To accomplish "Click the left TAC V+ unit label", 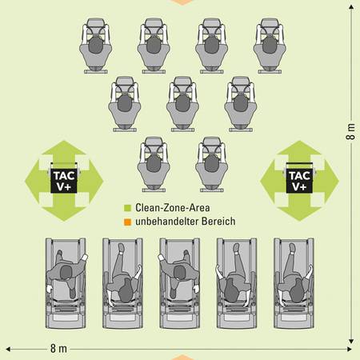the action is (x=64, y=181).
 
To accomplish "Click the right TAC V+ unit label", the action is (x=299, y=181).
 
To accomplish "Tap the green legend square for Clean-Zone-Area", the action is (x=128, y=208).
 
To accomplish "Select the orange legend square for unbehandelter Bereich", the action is (x=128, y=222).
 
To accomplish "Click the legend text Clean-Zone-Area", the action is (x=173, y=208).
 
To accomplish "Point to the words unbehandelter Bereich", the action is (x=186, y=222).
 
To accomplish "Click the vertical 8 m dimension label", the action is (x=350, y=131).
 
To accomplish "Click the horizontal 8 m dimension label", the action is (x=58, y=349).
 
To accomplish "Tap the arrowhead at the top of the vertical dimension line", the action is (x=351, y=6).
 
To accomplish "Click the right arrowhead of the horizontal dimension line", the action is (x=349, y=349).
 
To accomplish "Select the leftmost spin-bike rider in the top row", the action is (x=95, y=46).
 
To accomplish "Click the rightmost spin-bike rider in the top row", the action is (x=270, y=46).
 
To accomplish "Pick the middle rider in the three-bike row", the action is (x=182, y=104).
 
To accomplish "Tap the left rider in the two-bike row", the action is (x=154, y=164).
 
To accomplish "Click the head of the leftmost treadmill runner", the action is (x=66, y=273).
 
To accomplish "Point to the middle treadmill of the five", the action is (x=179, y=283).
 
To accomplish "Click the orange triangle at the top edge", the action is (x=182, y=2).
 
